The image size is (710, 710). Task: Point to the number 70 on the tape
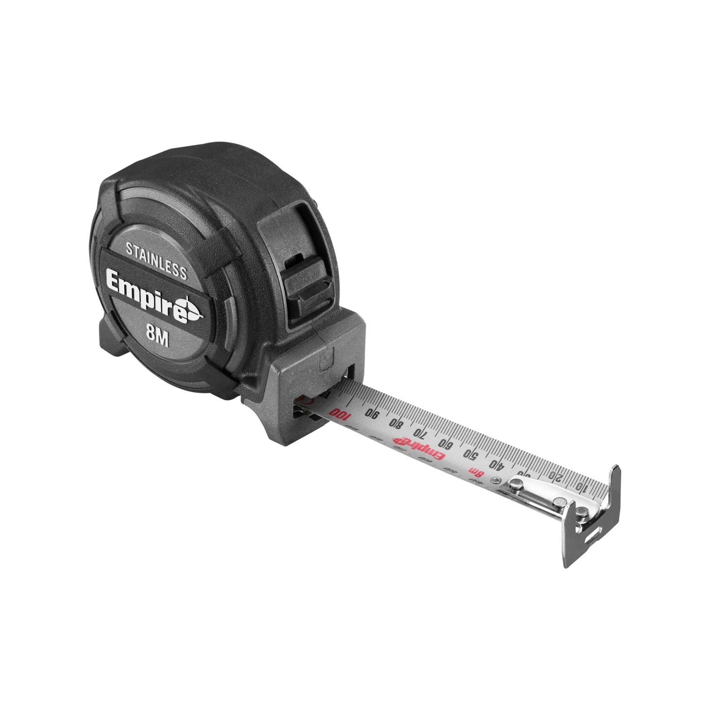[x=420, y=433]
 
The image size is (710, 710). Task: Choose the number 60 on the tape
[x=446, y=443]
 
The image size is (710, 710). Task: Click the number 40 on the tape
[x=497, y=464]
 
